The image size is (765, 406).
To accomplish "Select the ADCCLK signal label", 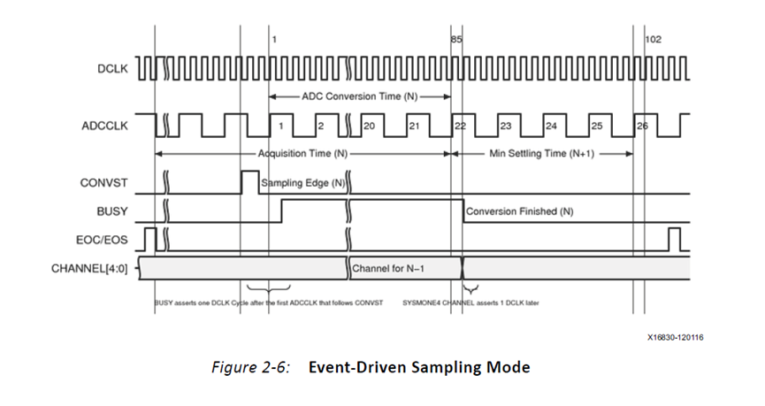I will (x=105, y=126).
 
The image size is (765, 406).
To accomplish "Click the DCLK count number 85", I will (x=456, y=40).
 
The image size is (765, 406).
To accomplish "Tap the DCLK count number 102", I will (x=654, y=40).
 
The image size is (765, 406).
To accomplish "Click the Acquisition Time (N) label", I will (x=304, y=153).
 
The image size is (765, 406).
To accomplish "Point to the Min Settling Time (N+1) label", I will (x=545, y=153).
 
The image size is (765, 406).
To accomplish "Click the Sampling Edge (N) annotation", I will (x=302, y=184).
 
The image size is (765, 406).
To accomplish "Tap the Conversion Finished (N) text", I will (x=520, y=211).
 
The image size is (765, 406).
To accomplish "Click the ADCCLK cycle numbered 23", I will (x=506, y=126).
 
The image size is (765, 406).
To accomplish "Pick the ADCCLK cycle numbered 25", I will (x=596, y=126).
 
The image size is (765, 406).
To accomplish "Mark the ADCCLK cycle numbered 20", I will (x=369, y=126).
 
